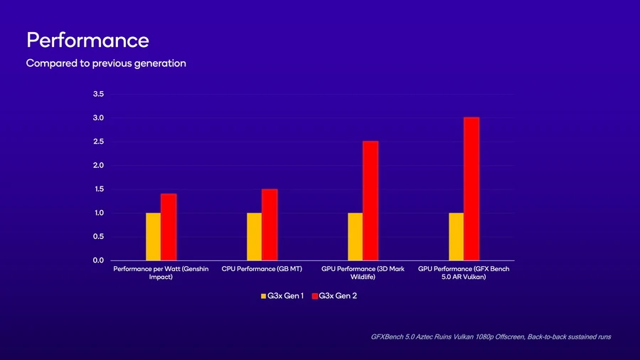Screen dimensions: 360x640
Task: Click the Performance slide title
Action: click(x=87, y=40)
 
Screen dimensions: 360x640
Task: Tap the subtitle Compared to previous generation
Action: click(x=106, y=63)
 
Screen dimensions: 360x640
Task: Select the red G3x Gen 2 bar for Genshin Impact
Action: click(x=169, y=227)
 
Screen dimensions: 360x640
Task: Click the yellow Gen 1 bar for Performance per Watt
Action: click(x=153, y=236)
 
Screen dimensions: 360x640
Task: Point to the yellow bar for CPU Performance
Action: click(x=254, y=236)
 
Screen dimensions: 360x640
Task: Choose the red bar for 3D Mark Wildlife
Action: click(x=370, y=201)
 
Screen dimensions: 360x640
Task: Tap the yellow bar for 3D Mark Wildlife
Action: click(x=355, y=236)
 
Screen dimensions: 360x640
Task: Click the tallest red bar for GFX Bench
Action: click(x=471, y=189)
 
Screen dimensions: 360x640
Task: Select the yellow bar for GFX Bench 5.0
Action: click(x=456, y=236)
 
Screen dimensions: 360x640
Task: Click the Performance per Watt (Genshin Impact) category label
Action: click(x=161, y=273)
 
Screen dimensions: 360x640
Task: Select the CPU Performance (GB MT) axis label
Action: click(x=262, y=270)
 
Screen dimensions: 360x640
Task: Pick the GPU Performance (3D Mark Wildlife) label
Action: click(x=363, y=273)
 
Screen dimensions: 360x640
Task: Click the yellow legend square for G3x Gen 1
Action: click(x=263, y=295)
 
